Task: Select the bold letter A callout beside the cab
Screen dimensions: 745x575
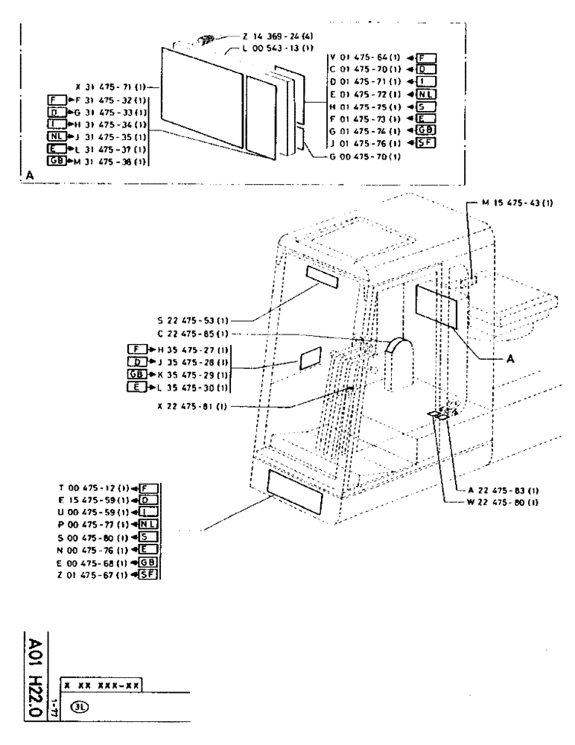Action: coord(509,358)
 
